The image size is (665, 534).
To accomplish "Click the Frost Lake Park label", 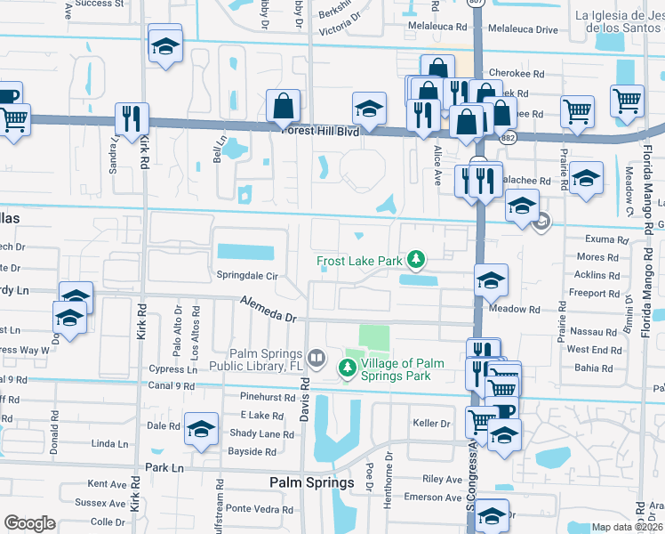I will (360, 261).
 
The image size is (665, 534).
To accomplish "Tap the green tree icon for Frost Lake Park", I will (415, 260).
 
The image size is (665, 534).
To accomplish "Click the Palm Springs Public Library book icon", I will (316, 359).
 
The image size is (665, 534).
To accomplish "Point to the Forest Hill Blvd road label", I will (319, 130).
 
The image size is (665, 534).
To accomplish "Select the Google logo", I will (29, 523).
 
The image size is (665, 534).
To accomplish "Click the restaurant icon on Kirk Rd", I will (132, 117).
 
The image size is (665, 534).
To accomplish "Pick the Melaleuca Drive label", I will (520, 29).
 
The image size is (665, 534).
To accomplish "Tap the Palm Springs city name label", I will (310, 481).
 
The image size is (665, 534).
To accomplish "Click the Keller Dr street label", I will (431, 423).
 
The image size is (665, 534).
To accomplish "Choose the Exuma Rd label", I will (602, 239).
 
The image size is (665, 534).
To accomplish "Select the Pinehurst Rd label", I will (267, 397).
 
